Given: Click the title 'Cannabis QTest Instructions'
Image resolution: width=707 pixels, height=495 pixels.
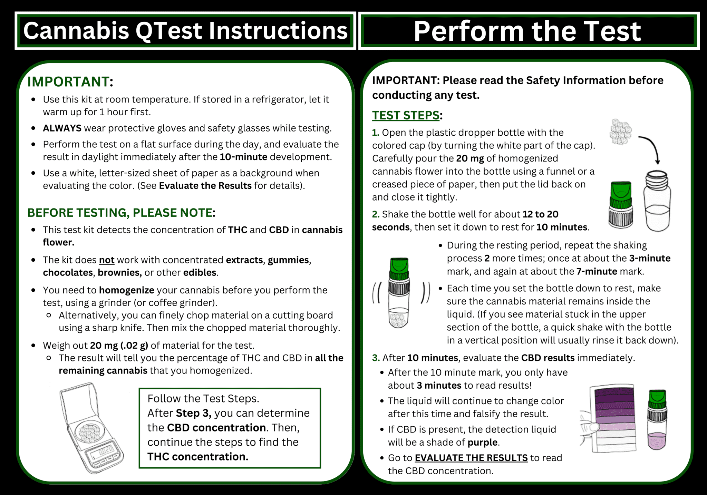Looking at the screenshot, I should point(185,31).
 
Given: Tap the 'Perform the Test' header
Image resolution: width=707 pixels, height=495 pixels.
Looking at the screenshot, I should point(527,31).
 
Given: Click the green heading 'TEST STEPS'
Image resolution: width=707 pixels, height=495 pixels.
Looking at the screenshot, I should point(405,115).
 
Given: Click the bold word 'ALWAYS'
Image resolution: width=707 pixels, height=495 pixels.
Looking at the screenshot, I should point(62,128).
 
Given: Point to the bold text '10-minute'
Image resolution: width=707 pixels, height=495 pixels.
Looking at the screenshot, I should point(243,157).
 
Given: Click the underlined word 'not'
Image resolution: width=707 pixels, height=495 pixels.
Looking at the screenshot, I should point(107,260).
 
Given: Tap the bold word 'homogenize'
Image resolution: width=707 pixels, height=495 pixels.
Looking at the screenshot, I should point(127,290).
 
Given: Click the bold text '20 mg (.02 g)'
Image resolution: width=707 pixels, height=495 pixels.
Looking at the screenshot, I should point(119,346).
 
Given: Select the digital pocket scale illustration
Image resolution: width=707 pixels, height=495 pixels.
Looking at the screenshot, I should point(90,428).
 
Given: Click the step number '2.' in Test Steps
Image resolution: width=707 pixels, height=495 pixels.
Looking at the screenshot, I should point(376,214).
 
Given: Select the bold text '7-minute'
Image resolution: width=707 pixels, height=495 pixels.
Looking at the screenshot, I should point(597,272).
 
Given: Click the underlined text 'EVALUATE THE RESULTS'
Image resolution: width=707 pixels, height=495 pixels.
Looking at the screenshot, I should point(471,458).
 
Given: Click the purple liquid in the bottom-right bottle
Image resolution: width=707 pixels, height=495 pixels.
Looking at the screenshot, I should point(657,441).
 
